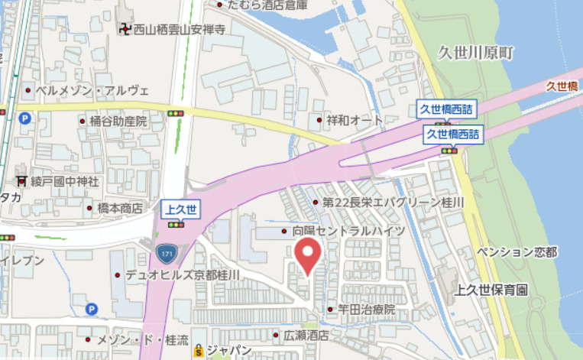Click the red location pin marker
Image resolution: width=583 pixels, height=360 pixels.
point(308,255)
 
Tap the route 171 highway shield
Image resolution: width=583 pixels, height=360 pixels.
point(165,251)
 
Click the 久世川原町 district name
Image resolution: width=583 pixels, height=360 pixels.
point(477,52)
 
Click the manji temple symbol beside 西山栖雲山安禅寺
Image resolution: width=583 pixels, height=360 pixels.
point(125,30)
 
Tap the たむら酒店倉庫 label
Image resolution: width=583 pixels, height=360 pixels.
point(267,5)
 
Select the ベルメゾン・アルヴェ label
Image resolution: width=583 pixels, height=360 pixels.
point(92,90)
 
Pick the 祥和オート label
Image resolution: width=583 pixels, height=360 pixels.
point(355,120)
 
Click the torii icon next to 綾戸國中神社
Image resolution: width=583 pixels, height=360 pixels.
point(21,182)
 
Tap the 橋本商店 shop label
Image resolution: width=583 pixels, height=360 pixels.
point(120,208)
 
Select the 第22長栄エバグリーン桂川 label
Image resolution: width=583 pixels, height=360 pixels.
point(394,203)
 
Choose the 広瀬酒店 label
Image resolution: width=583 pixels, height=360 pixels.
point(306,335)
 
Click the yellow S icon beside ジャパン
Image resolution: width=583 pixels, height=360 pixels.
point(199,350)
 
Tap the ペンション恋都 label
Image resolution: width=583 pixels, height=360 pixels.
point(517,252)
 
